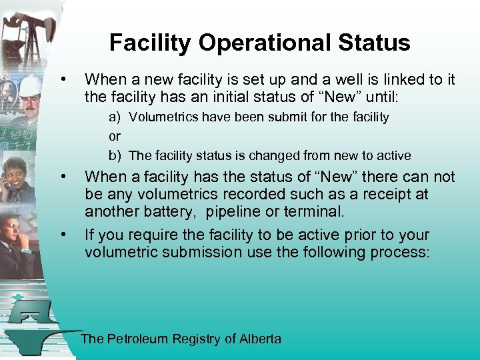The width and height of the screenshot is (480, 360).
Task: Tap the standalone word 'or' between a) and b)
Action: (x=114, y=137)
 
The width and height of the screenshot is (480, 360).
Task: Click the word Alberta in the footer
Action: (x=260, y=339)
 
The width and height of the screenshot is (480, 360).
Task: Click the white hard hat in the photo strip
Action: (x=29, y=85)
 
